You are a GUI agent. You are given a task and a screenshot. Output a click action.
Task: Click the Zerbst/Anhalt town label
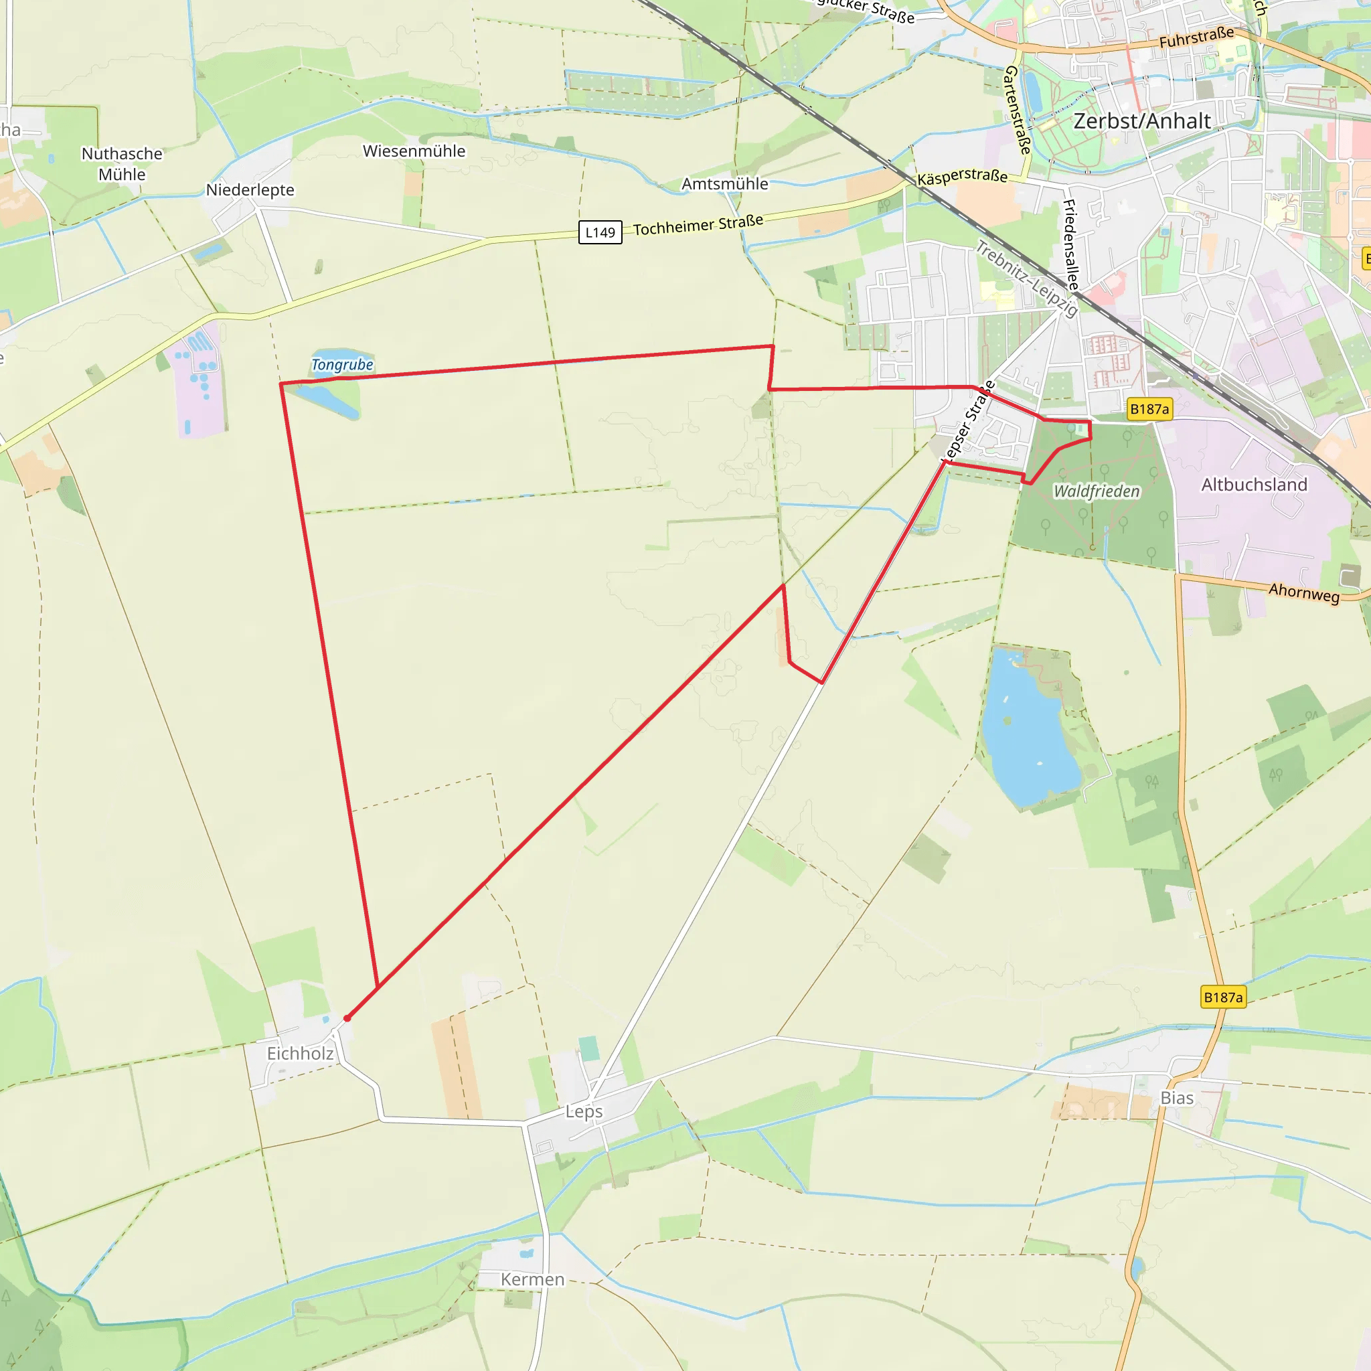pyautogui.click(x=1142, y=121)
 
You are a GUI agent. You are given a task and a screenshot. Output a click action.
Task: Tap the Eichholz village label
pyautogui.click(x=300, y=1054)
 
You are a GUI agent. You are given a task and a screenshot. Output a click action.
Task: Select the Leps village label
pyautogui.click(x=584, y=1112)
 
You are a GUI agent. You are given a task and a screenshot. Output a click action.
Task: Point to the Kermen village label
pyautogui.click(x=532, y=1279)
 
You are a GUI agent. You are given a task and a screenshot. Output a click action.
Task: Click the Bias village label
pyautogui.click(x=1178, y=1099)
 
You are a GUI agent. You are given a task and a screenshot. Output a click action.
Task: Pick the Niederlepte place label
pyautogui.click(x=250, y=190)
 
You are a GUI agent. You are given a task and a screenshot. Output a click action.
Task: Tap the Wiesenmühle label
pyautogui.click(x=414, y=151)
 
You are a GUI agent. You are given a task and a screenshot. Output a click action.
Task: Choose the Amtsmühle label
pyautogui.click(x=724, y=184)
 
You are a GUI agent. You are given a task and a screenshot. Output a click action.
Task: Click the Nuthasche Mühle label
pyautogui.click(x=122, y=164)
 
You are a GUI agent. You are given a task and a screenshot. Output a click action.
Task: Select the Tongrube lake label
pyautogui.click(x=342, y=365)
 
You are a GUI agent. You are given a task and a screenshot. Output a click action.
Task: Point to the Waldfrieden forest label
pyautogui.click(x=1097, y=491)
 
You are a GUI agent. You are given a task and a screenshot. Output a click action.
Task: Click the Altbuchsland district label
pyautogui.click(x=1254, y=485)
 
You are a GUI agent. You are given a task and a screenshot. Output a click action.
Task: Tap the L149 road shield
pyautogui.click(x=600, y=233)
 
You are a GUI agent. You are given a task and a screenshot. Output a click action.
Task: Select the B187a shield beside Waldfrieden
pyautogui.click(x=1149, y=409)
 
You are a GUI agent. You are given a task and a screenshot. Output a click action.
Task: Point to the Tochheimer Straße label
pyautogui.click(x=698, y=225)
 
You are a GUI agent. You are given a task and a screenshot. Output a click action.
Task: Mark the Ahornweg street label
pyautogui.click(x=1303, y=592)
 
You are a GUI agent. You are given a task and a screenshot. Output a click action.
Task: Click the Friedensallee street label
pyautogui.click(x=1071, y=245)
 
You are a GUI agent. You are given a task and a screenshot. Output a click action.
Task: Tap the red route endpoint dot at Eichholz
pyautogui.click(x=347, y=1018)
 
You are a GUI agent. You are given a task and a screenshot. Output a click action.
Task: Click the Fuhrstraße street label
pyautogui.click(x=1196, y=37)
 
